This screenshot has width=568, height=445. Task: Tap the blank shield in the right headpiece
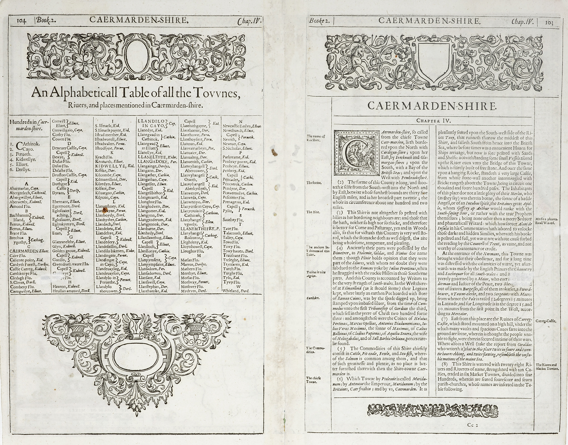click(433, 63)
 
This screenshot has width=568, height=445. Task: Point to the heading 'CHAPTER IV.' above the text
click(433, 121)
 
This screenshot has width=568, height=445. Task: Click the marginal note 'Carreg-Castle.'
click(546, 321)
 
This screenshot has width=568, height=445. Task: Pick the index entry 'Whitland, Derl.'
click(236, 291)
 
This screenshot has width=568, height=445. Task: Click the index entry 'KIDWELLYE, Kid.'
click(115, 166)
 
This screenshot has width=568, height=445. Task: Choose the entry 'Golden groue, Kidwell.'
click(71, 251)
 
